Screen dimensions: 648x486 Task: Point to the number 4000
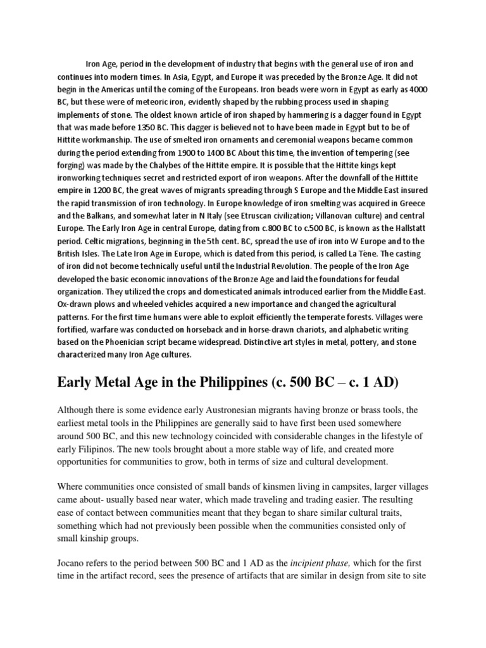[x=418, y=89]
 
